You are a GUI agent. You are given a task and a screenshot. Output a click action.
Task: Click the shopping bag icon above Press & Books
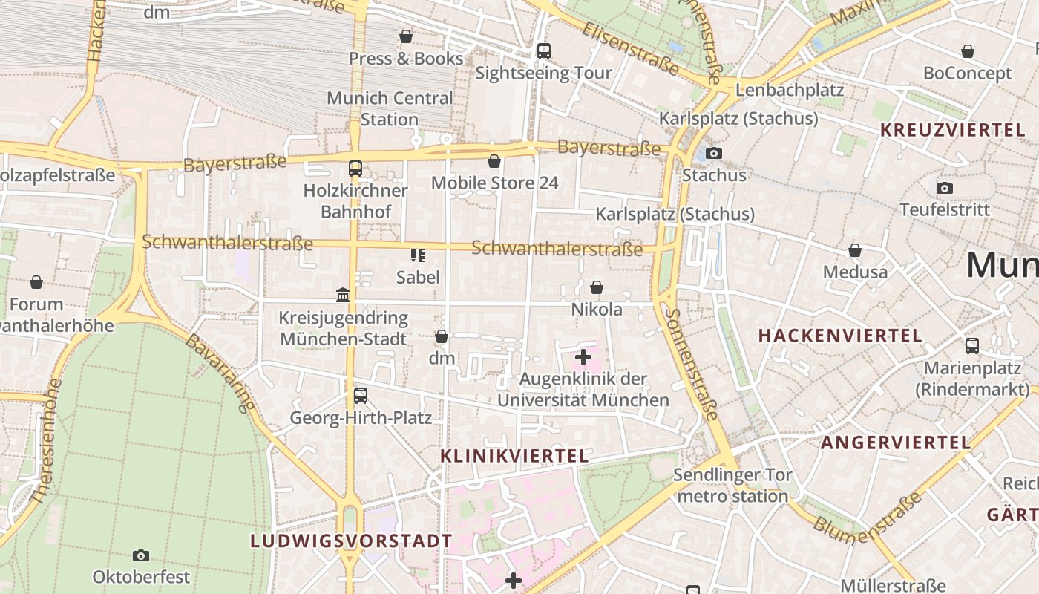[406, 36]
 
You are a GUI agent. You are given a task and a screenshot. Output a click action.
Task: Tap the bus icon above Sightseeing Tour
[544, 51]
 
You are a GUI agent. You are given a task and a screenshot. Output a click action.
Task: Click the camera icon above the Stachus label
[714, 153]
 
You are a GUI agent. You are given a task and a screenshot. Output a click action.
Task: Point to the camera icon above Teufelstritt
[944, 188]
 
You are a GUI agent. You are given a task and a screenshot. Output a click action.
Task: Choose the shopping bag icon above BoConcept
[968, 51]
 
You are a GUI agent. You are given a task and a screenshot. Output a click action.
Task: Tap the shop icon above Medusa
[855, 250]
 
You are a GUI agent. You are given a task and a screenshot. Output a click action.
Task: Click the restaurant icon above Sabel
[418, 255]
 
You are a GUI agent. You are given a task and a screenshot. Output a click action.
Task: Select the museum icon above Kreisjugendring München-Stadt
[343, 296]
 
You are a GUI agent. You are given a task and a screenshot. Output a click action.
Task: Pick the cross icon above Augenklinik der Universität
[583, 357]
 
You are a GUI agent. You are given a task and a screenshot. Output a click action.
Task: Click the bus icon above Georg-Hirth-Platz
[361, 396]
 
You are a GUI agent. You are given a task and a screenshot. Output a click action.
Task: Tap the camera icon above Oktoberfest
[141, 555]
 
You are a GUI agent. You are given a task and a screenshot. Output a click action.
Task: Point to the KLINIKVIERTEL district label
[515, 456]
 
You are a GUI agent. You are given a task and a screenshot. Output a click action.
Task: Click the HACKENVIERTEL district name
[840, 336]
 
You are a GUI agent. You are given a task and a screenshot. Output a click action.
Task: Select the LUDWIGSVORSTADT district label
[351, 541]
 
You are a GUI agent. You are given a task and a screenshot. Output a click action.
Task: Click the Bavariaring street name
[220, 373]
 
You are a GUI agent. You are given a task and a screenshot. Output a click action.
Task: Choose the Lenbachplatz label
[790, 91]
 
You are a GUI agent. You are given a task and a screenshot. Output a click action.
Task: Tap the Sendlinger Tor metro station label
[732, 486]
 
